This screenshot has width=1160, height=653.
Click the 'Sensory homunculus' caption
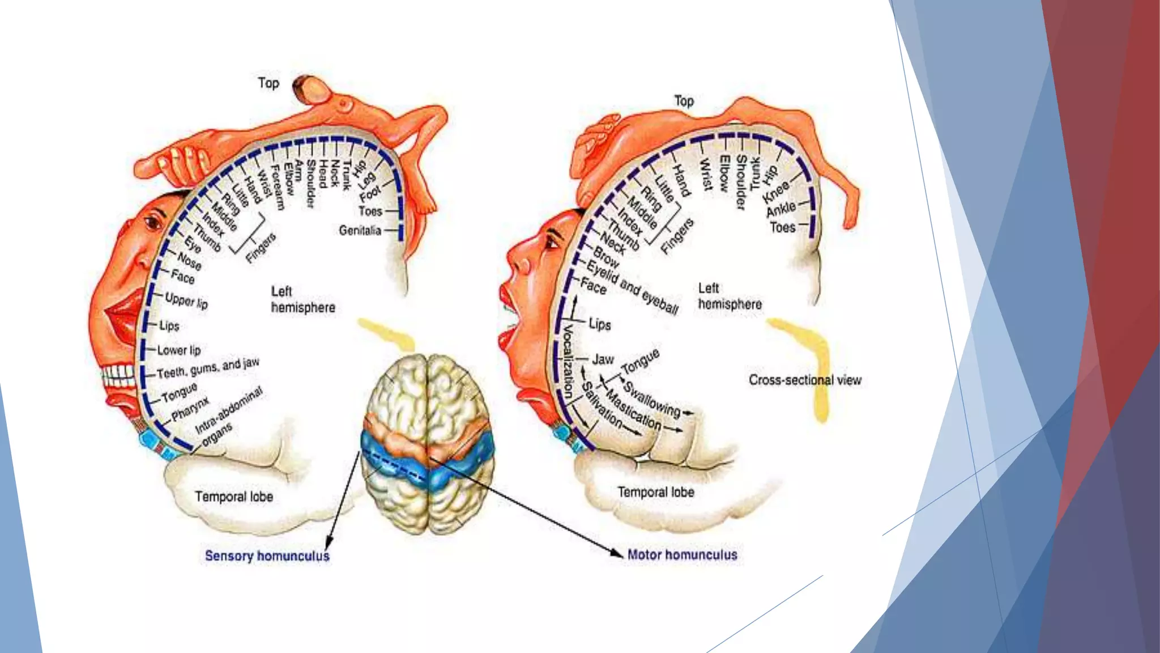(267, 556)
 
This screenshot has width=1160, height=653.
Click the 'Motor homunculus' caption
(683, 554)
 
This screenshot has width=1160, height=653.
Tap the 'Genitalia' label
(360, 230)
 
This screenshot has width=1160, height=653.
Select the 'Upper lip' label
(186, 300)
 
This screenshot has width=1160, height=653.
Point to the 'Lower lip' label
(179, 350)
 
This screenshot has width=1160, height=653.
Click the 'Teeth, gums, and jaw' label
(208, 368)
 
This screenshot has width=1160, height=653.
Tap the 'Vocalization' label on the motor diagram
(568, 361)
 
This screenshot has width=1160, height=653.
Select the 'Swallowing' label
(652, 398)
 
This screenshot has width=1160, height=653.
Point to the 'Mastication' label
(633, 409)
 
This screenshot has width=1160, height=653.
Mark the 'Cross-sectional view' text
(805, 380)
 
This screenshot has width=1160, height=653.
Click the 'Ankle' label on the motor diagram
(781, 209)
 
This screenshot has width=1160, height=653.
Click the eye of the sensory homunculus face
(153, 222)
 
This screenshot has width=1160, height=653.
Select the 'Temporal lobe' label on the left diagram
(234, 497)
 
